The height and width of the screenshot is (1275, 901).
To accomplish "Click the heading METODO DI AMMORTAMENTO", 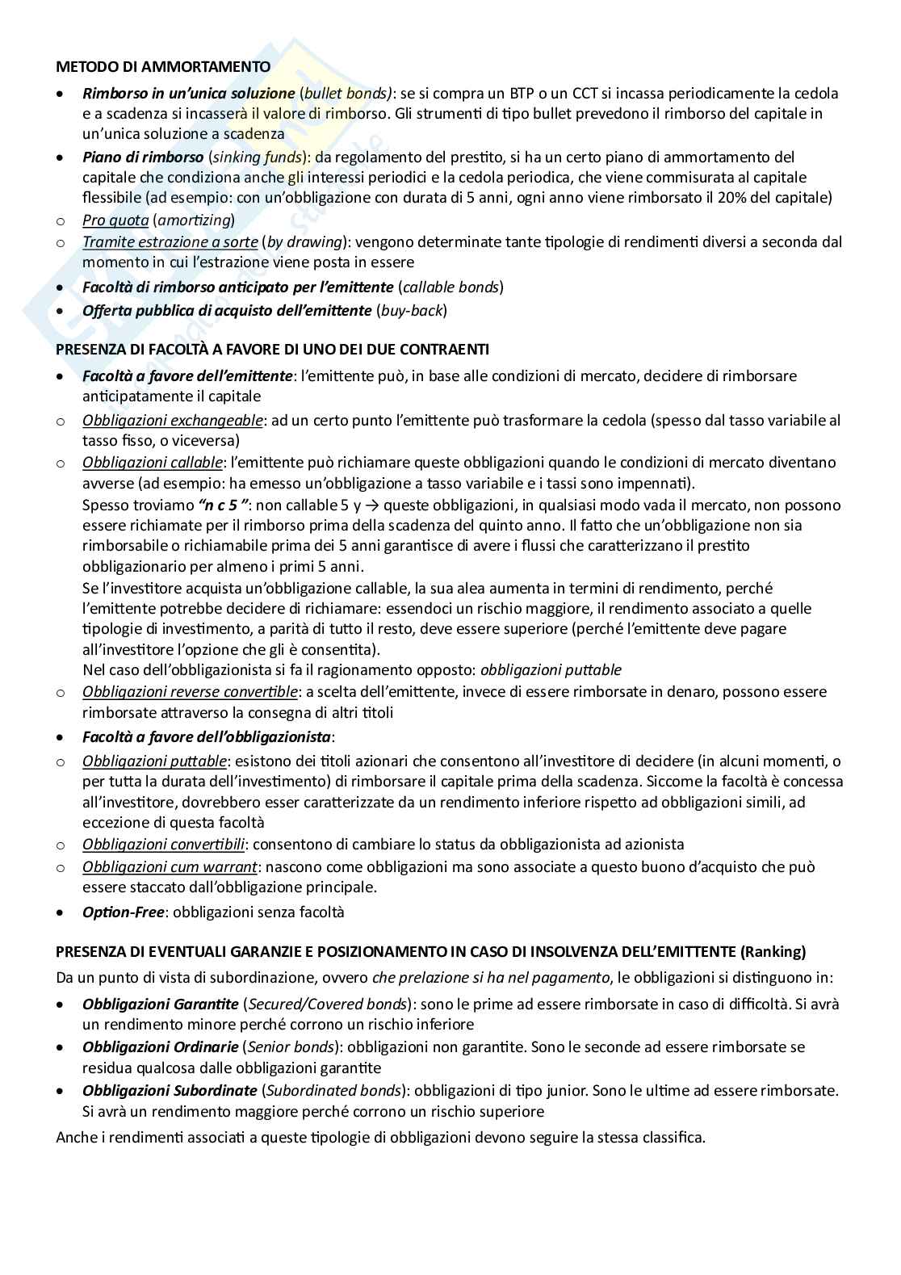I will click(x=163, y=67).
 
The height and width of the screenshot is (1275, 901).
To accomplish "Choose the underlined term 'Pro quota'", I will click(x=115, y=220).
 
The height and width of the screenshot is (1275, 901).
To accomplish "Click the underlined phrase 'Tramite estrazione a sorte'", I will click(x=170, y=241).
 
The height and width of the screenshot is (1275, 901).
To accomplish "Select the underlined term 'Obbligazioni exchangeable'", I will click(x=173, y=420).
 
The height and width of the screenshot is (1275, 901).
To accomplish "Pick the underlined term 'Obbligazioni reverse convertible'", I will click(x=190, y=691).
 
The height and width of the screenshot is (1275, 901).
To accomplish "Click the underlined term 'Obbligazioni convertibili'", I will click(x=164, y=844).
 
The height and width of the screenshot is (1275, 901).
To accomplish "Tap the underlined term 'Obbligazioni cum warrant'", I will click(x=170, y=866).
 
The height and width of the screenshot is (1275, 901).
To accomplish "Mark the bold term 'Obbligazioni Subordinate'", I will click(x=170, y=1090).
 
